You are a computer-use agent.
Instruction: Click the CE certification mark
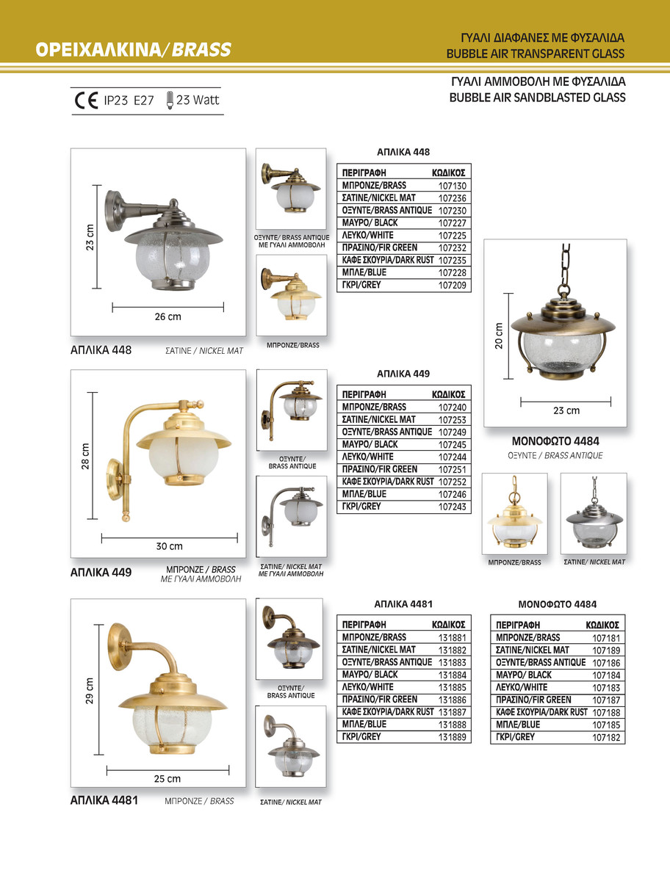pyautogui.click(x=87, y=100)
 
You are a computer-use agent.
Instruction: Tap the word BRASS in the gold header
pyautogui.click(x=203, y=50)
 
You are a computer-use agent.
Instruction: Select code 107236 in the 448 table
pyautogui.click(x=453, y=198)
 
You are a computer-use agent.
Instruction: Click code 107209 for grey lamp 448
pyautogui.click(x=453, y=285)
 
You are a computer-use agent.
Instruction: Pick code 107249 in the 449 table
pyautogui.click(x=453, y=432)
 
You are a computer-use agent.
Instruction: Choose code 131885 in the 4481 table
pyautogui.click(x=453, y=687)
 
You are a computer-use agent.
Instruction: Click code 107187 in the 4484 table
pyautogui.click(x=607, y=700)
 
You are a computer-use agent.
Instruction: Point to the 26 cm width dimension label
pyautogui.click(x=167, y=316)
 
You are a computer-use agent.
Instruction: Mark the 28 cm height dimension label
pyautogui.click(x=85, y=455)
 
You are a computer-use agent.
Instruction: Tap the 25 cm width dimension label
pyautogui.click(x=167, y=779)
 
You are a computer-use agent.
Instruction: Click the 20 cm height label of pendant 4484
pyautogui.click(x=499, y=336)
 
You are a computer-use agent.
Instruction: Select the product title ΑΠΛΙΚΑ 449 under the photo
pyautogui.click(x=101, y=572)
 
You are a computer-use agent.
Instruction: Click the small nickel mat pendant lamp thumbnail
pyautogui.click(x=594, y=513)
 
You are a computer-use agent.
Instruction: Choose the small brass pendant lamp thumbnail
pyautogui.click(x=514, y=514)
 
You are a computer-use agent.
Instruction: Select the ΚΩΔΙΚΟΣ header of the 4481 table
pyautogui.click(x=448, y=625)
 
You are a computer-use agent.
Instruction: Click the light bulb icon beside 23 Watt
pyautogui.click(x=170, y=99)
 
